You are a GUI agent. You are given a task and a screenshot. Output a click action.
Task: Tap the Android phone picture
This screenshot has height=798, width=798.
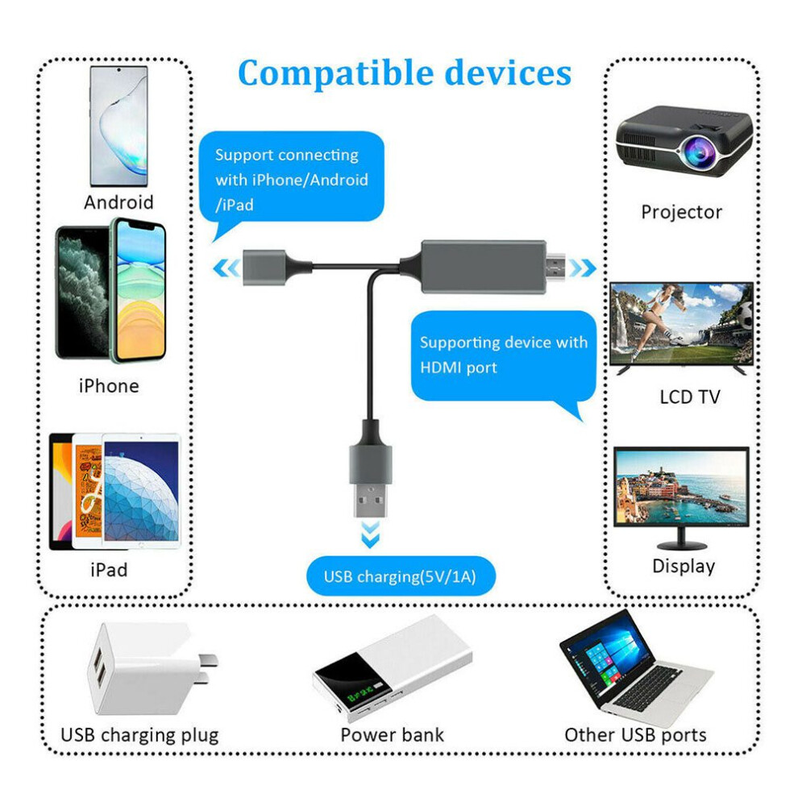[119, 126]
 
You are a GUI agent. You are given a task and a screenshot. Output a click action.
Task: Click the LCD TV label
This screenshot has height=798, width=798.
[690, 397]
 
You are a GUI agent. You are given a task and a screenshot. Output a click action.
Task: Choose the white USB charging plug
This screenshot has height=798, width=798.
[152, 667]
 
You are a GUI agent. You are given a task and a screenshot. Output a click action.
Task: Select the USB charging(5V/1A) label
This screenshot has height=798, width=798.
[400, 576]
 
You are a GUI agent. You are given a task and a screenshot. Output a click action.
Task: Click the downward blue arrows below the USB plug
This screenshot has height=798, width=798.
[370, 534]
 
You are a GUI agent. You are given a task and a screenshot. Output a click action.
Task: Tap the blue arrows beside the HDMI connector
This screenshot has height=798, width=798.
[583, 268]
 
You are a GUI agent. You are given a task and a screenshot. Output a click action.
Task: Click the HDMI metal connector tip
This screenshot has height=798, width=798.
[555, 268]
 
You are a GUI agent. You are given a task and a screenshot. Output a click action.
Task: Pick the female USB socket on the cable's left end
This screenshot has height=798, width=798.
[264, 267]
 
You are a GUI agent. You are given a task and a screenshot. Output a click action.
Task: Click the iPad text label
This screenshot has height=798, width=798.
[109, 570]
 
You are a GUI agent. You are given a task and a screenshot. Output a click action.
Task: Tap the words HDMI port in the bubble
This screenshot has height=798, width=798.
[459, 368]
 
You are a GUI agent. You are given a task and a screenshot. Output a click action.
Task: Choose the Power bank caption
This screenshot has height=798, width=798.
[392, 735]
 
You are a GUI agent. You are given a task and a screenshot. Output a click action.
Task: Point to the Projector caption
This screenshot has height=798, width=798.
[681, 212]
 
